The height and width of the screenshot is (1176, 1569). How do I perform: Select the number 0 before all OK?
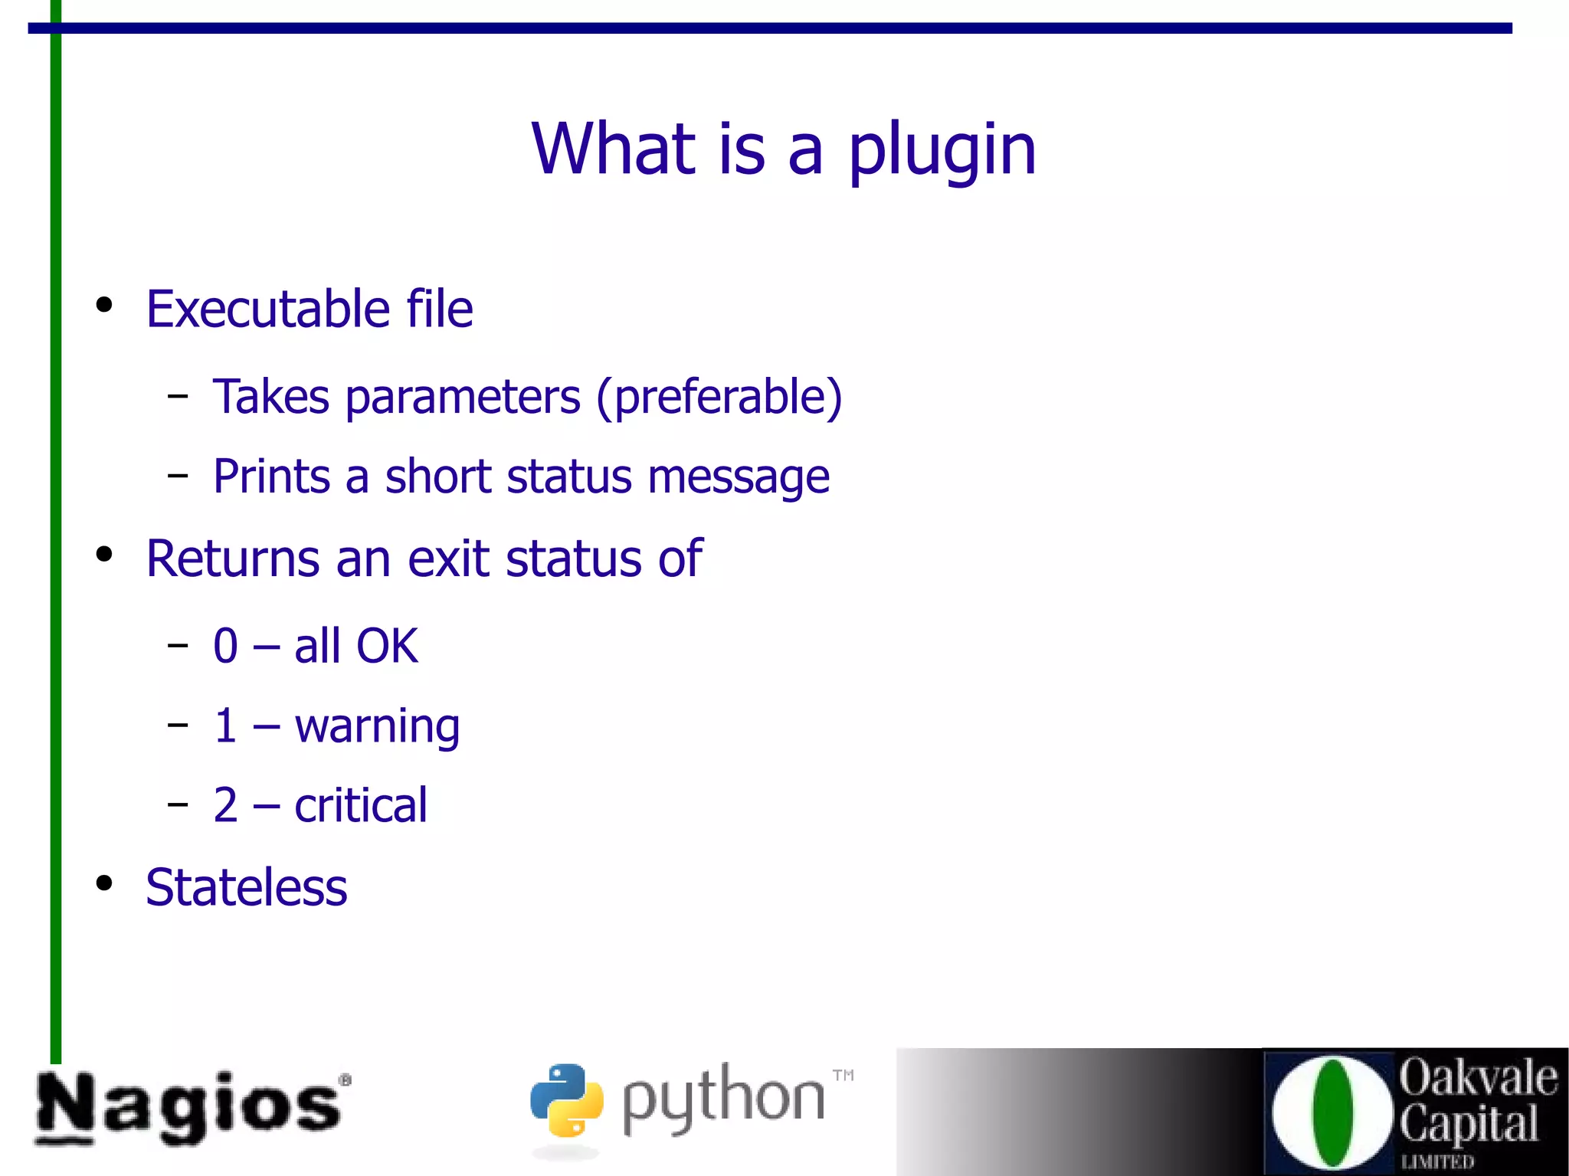226,646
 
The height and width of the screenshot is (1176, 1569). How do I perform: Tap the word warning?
377,726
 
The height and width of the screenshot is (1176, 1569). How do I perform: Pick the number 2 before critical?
226,805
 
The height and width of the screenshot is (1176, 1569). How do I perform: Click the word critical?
361,805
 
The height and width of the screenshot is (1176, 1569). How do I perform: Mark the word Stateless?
247,887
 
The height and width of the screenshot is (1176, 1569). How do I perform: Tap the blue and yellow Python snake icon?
566,1099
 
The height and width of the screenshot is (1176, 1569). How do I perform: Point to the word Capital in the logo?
1469,1123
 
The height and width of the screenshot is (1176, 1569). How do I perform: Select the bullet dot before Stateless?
104,883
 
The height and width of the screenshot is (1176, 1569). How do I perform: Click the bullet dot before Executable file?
104,306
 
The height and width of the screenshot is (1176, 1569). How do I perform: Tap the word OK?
387,646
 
